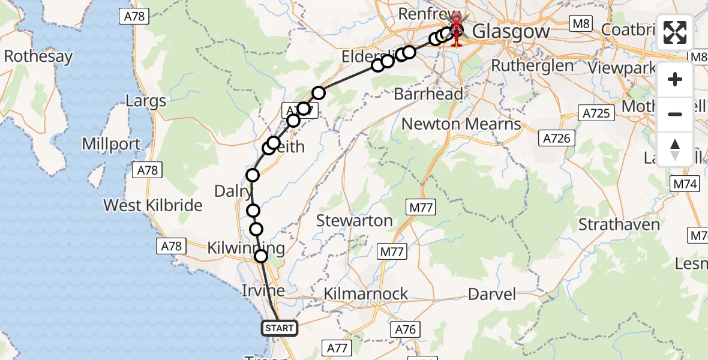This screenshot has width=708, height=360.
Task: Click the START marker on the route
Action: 280,328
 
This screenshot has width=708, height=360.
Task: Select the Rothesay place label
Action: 38,57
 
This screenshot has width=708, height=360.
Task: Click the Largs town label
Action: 146,100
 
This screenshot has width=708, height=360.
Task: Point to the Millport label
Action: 111,144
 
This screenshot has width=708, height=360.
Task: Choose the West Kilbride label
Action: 153,205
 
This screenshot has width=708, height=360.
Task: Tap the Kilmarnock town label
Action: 365,294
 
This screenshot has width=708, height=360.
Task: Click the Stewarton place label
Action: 354,221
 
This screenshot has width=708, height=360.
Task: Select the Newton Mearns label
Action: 461,124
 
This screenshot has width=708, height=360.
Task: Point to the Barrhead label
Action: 428,94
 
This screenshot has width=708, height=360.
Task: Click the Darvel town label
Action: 492,294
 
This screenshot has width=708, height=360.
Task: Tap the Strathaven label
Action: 619,225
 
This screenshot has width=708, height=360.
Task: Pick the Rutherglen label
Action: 532,65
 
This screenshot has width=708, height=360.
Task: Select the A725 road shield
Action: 596,113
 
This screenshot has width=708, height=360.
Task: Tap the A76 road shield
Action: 406,329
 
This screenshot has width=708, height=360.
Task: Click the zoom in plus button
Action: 675,80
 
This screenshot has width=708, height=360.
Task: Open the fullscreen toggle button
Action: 675,33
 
